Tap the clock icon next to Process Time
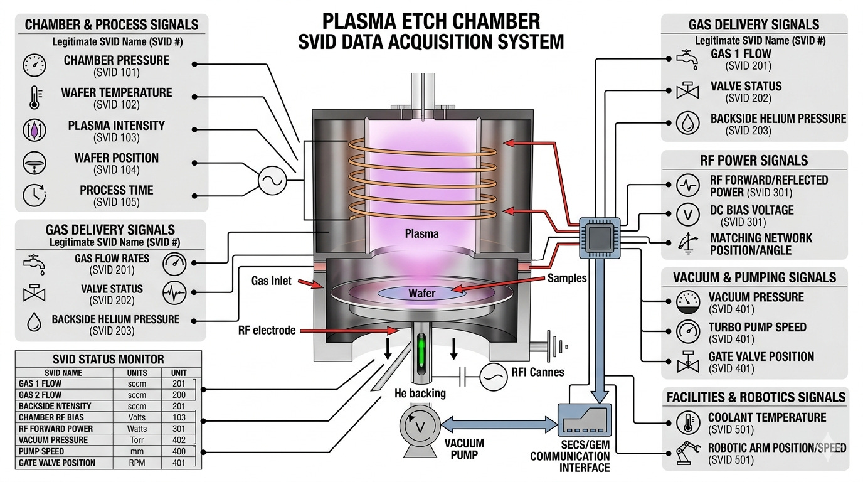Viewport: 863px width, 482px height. pos(34,195)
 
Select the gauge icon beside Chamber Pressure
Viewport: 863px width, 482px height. pos(34,65)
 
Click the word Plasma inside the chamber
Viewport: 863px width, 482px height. pos(421,234)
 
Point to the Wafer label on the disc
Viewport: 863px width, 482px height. pos(421,293)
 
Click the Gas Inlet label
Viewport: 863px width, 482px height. pos(272,281)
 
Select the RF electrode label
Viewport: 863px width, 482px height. pos(267,330)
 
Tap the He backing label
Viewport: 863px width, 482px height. pos(420,394)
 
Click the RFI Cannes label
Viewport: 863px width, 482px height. pos(537,372)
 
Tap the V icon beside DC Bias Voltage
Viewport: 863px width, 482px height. pos(688,215)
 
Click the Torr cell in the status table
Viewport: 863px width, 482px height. pos(137,440)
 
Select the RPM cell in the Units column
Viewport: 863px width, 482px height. pos(137,463)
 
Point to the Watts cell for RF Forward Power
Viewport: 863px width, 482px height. pos(137,429)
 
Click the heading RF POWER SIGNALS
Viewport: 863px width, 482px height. pos(754,160)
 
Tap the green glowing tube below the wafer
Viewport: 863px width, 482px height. pos(421,353)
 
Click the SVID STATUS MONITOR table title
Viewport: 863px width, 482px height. pos(109,360)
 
